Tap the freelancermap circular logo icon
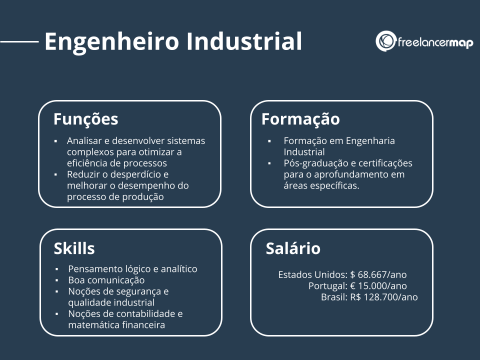(x=385, y=41)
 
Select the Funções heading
(x=86, y=119)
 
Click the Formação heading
(x=300, y=119)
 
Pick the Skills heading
(x=74, y=248)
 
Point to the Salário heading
(x=293, y=248)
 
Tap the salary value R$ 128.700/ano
(x=384, y=297)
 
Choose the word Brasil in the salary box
(x=333, y=297)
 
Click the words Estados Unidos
(x=312, y=274)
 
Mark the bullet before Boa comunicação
(x=57, y=280)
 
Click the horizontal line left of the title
(x=19, y=42)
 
